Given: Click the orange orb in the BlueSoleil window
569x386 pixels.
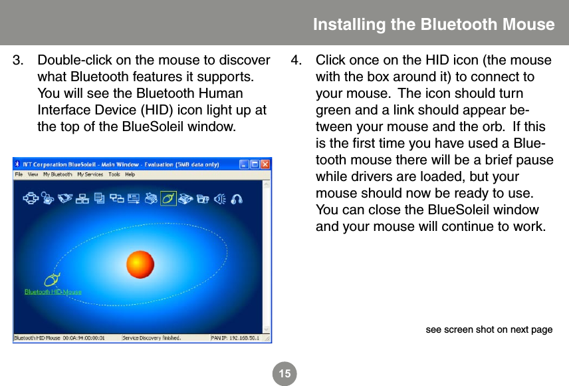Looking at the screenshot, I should (140, 265).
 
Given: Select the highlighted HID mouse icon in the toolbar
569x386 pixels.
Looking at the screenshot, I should (169, 198).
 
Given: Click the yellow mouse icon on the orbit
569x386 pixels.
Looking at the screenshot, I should (52, 280).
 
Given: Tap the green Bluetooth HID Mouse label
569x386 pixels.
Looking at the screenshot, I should (53, 291).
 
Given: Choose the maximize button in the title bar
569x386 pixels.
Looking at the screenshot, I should (255, 164).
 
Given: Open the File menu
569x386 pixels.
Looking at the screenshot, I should (19, 175).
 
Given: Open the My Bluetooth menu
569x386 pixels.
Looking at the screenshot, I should (58, 175).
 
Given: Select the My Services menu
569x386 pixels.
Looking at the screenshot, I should (89, 175).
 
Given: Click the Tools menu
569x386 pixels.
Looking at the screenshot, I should (114, 175).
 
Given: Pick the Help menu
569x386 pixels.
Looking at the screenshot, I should (130, 175).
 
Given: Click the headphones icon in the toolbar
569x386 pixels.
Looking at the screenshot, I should (237, 198).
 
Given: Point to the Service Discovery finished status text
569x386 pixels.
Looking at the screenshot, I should (152, 338).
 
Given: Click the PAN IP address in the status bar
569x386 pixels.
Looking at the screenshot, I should (235, 338).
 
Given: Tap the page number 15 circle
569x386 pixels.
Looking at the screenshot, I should (284, 374).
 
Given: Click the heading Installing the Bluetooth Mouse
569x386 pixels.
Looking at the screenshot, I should (433, 25).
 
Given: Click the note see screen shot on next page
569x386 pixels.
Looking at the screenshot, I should (489, 329).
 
